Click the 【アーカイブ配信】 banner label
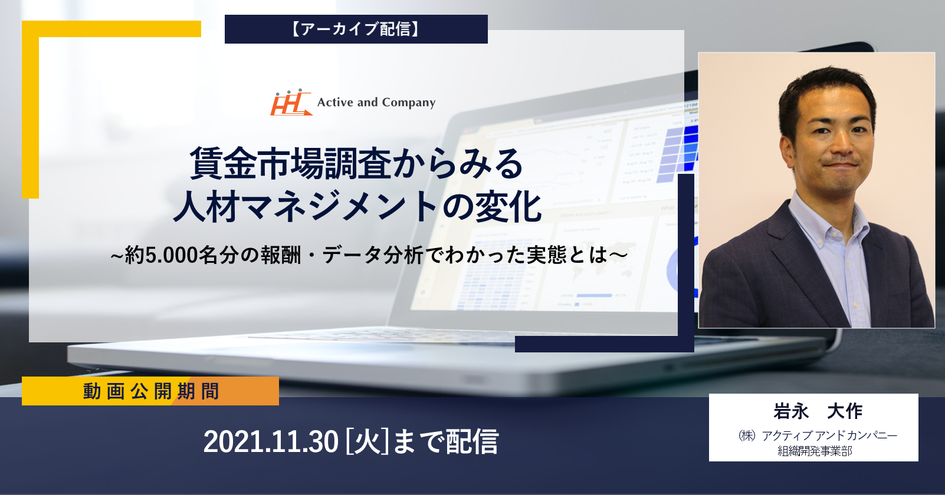pos(356,29)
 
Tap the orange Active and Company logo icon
pos(291,102)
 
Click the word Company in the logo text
pos(409,103)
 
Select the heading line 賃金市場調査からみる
pos(356,163)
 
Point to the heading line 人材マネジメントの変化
pos(357,207)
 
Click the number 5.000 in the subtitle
pos(171,255)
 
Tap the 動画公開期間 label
pos(151,391)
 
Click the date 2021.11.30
pos(271,441)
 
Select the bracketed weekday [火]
pos(367,441)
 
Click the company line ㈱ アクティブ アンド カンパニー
pos(818,435)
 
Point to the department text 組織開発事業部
pos(815,451)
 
